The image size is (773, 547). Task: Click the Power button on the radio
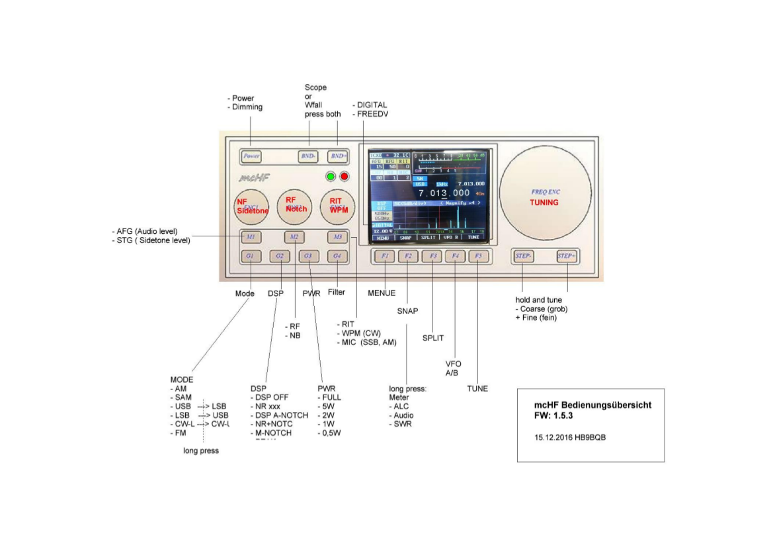(x=251, y=157)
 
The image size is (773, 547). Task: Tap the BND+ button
(x=339, y=157)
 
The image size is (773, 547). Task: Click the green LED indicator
(x=331, y=177)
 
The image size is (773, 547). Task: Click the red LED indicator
(x=344, y=177)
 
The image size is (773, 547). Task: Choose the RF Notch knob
(x=296, y=206)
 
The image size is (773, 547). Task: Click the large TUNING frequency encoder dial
(x=545, y=192)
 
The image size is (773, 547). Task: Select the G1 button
(x=251, y=256)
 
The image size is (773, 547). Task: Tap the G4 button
(x=337, y=256)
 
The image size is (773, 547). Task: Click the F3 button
(x=432, y=256)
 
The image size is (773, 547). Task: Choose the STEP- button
(x=524, y=256)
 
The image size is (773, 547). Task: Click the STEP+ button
(x=567, y=256)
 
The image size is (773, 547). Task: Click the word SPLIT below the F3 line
(x=433, y=338)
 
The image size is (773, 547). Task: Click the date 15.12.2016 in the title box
(x=553, y=438)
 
